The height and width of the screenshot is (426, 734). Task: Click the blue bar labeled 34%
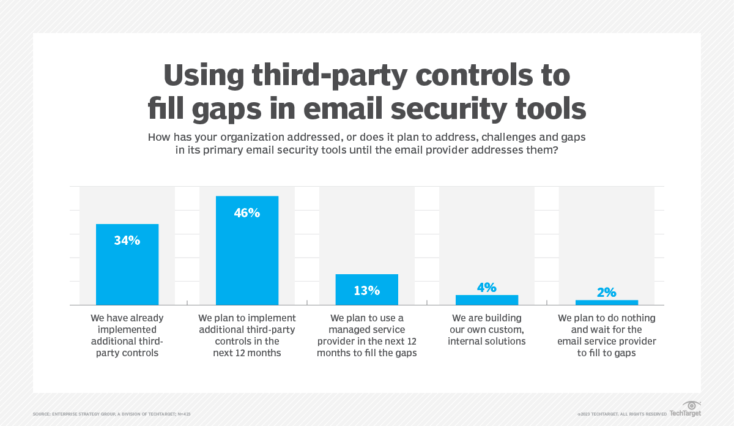point(127,264)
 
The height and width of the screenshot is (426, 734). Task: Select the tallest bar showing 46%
point(247,251)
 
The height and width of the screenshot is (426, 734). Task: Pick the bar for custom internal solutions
point(487,300)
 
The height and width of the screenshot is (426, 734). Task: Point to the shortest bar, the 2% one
point(607,302)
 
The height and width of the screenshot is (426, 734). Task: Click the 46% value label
point(247,213)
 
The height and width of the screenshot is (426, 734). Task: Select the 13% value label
point(367,291)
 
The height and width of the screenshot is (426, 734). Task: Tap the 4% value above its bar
point(487,287)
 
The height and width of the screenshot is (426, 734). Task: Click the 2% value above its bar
point(607,293)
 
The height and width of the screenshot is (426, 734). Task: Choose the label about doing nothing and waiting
point(607,335)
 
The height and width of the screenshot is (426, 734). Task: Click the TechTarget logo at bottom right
point(685,410)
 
